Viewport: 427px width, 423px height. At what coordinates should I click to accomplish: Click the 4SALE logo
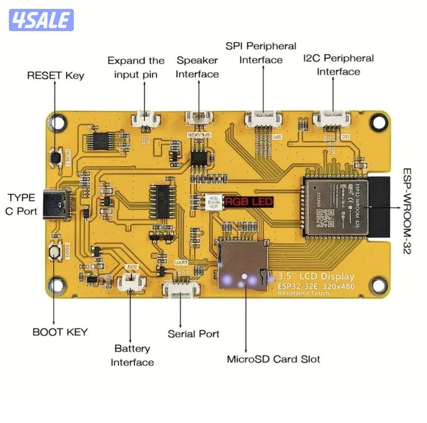point(41,20)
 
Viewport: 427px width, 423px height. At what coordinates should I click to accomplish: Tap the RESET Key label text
point(56,76)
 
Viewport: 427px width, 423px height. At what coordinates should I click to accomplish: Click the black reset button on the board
point(56,157)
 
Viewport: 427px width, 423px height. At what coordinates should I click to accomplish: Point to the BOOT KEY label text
point(60,332)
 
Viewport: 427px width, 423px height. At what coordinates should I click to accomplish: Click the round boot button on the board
point(55,251)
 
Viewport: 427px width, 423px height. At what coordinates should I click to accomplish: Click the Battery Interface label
point(132,355)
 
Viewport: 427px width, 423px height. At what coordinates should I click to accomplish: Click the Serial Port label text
point(193,334)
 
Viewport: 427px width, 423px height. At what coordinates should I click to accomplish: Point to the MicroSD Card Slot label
point(274,359)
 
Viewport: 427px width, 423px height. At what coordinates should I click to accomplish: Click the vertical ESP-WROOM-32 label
point(407,211)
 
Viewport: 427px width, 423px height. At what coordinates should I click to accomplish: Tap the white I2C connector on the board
point(331,119)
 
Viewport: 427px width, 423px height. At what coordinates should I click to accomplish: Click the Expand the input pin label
point(136,67)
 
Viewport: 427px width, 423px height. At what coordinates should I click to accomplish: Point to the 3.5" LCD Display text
point(316,276)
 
